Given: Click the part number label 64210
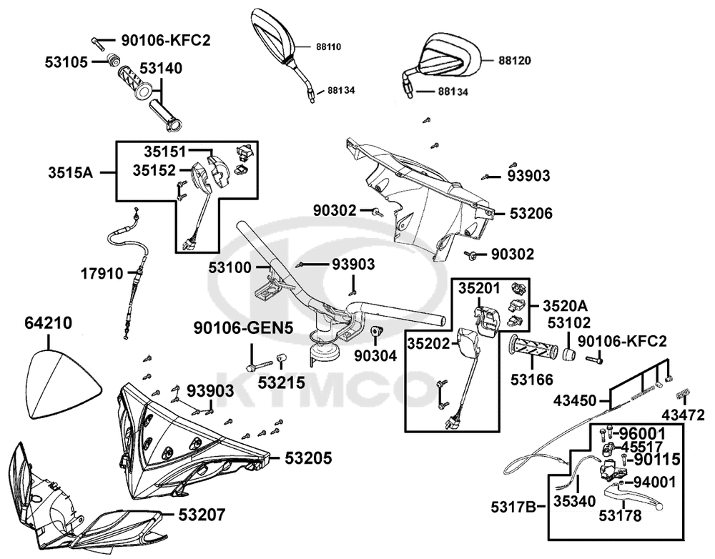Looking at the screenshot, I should pyautogui.click(x=49, y=323).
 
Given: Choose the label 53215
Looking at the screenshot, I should pyautogui.click(x=281, y=384).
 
